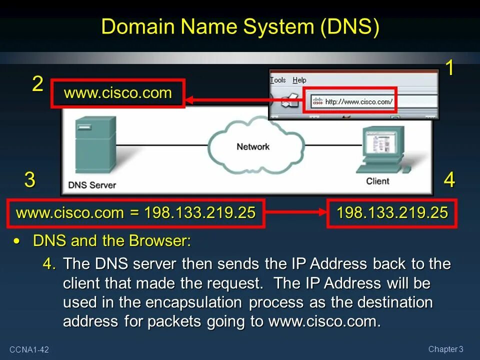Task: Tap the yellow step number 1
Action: pos(449,68)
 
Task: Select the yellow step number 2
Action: pos(37,84)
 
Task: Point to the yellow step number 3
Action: pos(30,180)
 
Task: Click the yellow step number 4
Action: pos(449,180)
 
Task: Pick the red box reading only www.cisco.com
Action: pos(118,93)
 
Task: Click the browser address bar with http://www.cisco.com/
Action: pos(350,101)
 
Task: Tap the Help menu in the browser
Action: pos(299,80)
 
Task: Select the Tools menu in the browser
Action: pos(278,80)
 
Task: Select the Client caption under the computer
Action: pos(377,181)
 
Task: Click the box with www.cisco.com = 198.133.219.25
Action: pos(136,213)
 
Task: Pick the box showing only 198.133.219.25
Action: pos(392,213)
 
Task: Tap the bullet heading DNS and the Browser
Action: pos(112,241)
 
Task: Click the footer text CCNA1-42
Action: pos(28,349)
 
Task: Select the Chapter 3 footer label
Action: pos(446,349)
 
